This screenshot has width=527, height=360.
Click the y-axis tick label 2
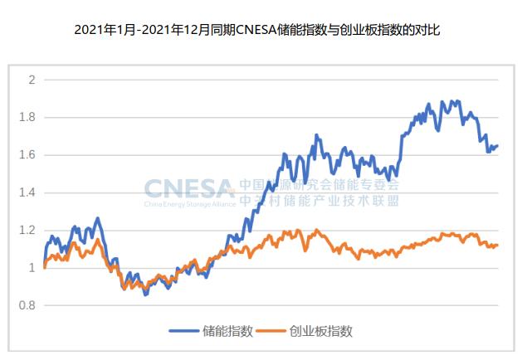click(32, 80)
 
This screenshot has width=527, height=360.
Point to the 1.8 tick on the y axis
click(27, 117)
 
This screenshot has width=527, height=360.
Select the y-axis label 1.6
click(27, 155)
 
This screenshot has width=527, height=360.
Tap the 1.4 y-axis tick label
click(27, 192)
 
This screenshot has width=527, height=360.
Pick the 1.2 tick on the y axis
click(27, 230)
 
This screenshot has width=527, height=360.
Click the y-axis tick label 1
click(32, 268)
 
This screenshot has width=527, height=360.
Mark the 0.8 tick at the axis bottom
click(27, 305)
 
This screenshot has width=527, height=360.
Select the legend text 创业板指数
click(321, 331)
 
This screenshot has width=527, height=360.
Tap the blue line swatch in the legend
click(185, 331)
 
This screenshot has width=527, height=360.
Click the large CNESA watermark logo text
click(190, 189)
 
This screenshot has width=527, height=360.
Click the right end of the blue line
click(497, 146)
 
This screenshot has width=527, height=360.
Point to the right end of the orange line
click(497, 245)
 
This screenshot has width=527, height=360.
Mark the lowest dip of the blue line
click(145, 294)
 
